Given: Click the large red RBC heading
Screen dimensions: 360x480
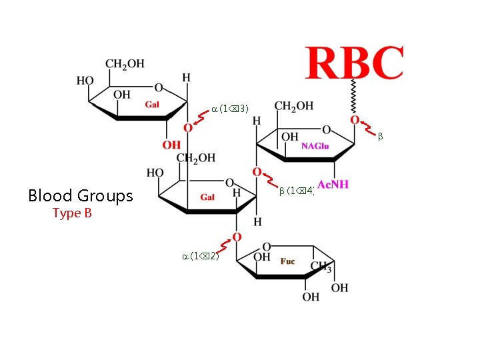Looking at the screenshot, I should pos(355,63).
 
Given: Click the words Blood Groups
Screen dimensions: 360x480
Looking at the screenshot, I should pos(81,195).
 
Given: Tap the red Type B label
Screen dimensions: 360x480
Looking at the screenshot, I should pos(72,213).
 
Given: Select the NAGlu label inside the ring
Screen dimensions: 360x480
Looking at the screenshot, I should pos(315,146).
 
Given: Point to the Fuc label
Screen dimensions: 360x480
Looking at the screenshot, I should pos(287,261).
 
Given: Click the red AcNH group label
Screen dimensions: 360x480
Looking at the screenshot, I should pos(333,184).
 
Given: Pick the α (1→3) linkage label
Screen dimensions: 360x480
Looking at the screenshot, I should pos(230,108).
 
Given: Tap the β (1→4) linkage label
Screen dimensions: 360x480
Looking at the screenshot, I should pos(297,191).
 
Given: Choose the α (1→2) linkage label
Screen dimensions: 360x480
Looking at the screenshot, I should pos(200,256).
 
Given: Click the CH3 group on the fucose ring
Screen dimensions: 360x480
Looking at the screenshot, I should pos(321,268).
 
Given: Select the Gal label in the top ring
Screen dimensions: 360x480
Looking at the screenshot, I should pos(152,104).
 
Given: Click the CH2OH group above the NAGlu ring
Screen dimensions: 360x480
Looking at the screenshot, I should pos(294,106).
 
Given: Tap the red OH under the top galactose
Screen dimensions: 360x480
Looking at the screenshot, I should pos(171,145).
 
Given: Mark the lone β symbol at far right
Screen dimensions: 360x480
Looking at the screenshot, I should pos(380,136).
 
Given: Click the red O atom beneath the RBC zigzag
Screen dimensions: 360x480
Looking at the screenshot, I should pos(355,120).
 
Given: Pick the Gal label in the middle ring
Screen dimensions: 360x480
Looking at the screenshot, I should pos(207,197).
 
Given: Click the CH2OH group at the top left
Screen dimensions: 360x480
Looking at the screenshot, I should pos(125,64).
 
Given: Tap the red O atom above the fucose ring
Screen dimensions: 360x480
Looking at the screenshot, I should pos(237,237).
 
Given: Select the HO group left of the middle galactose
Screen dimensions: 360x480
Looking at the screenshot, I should pos(155,173).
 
